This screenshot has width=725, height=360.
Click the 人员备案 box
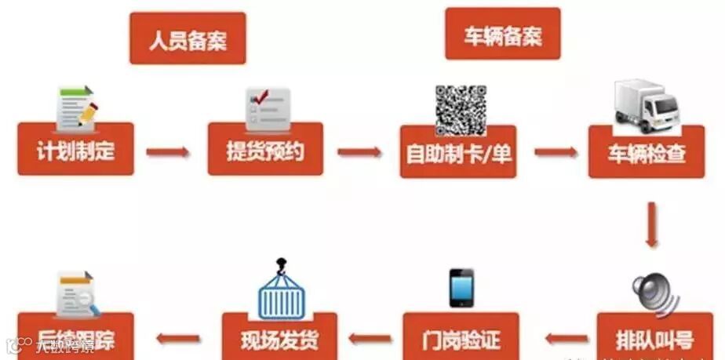point(188,38)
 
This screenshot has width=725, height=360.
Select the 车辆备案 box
point(503,35)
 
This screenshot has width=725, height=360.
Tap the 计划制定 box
point(75,149)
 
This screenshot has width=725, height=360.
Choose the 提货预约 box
point(265,149)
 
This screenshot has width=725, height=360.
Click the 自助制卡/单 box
point(458,151)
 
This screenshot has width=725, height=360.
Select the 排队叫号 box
point(655,338)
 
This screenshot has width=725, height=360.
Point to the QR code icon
point(460,108)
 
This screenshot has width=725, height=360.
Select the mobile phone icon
point(461,288)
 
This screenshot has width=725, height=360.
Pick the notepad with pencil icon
point(76,107)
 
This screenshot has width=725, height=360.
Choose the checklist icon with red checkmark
point(268,108)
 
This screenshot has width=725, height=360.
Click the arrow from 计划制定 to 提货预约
point(168,151)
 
